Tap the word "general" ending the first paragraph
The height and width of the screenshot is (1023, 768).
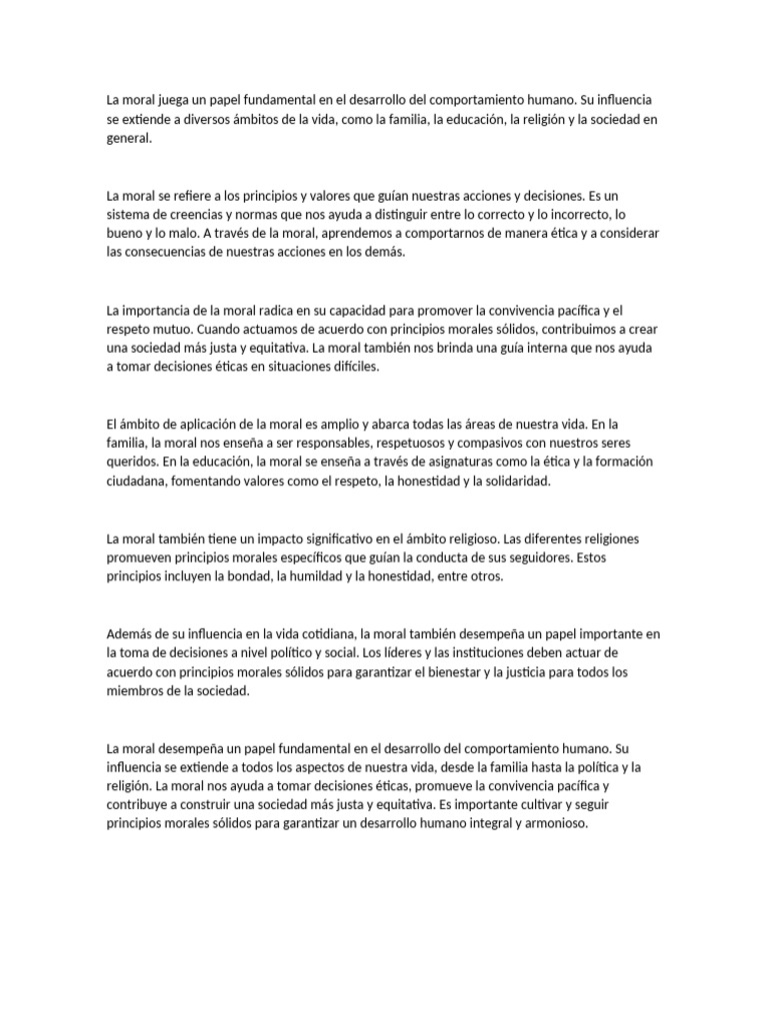[128, 139]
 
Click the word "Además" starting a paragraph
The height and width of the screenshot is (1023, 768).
[130, 633]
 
